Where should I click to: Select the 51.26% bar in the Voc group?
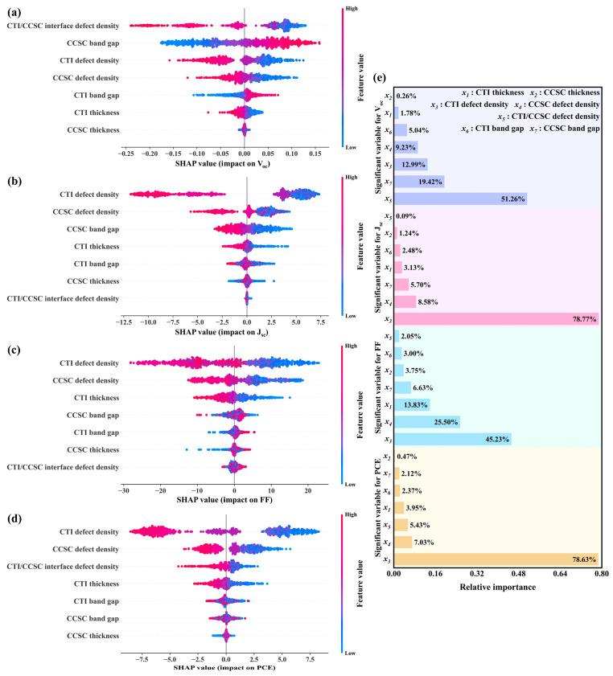coord(460,199)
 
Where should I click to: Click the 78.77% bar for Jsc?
coord(496,319)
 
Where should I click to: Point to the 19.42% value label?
coord(425,182)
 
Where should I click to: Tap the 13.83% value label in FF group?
coord(415,404)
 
